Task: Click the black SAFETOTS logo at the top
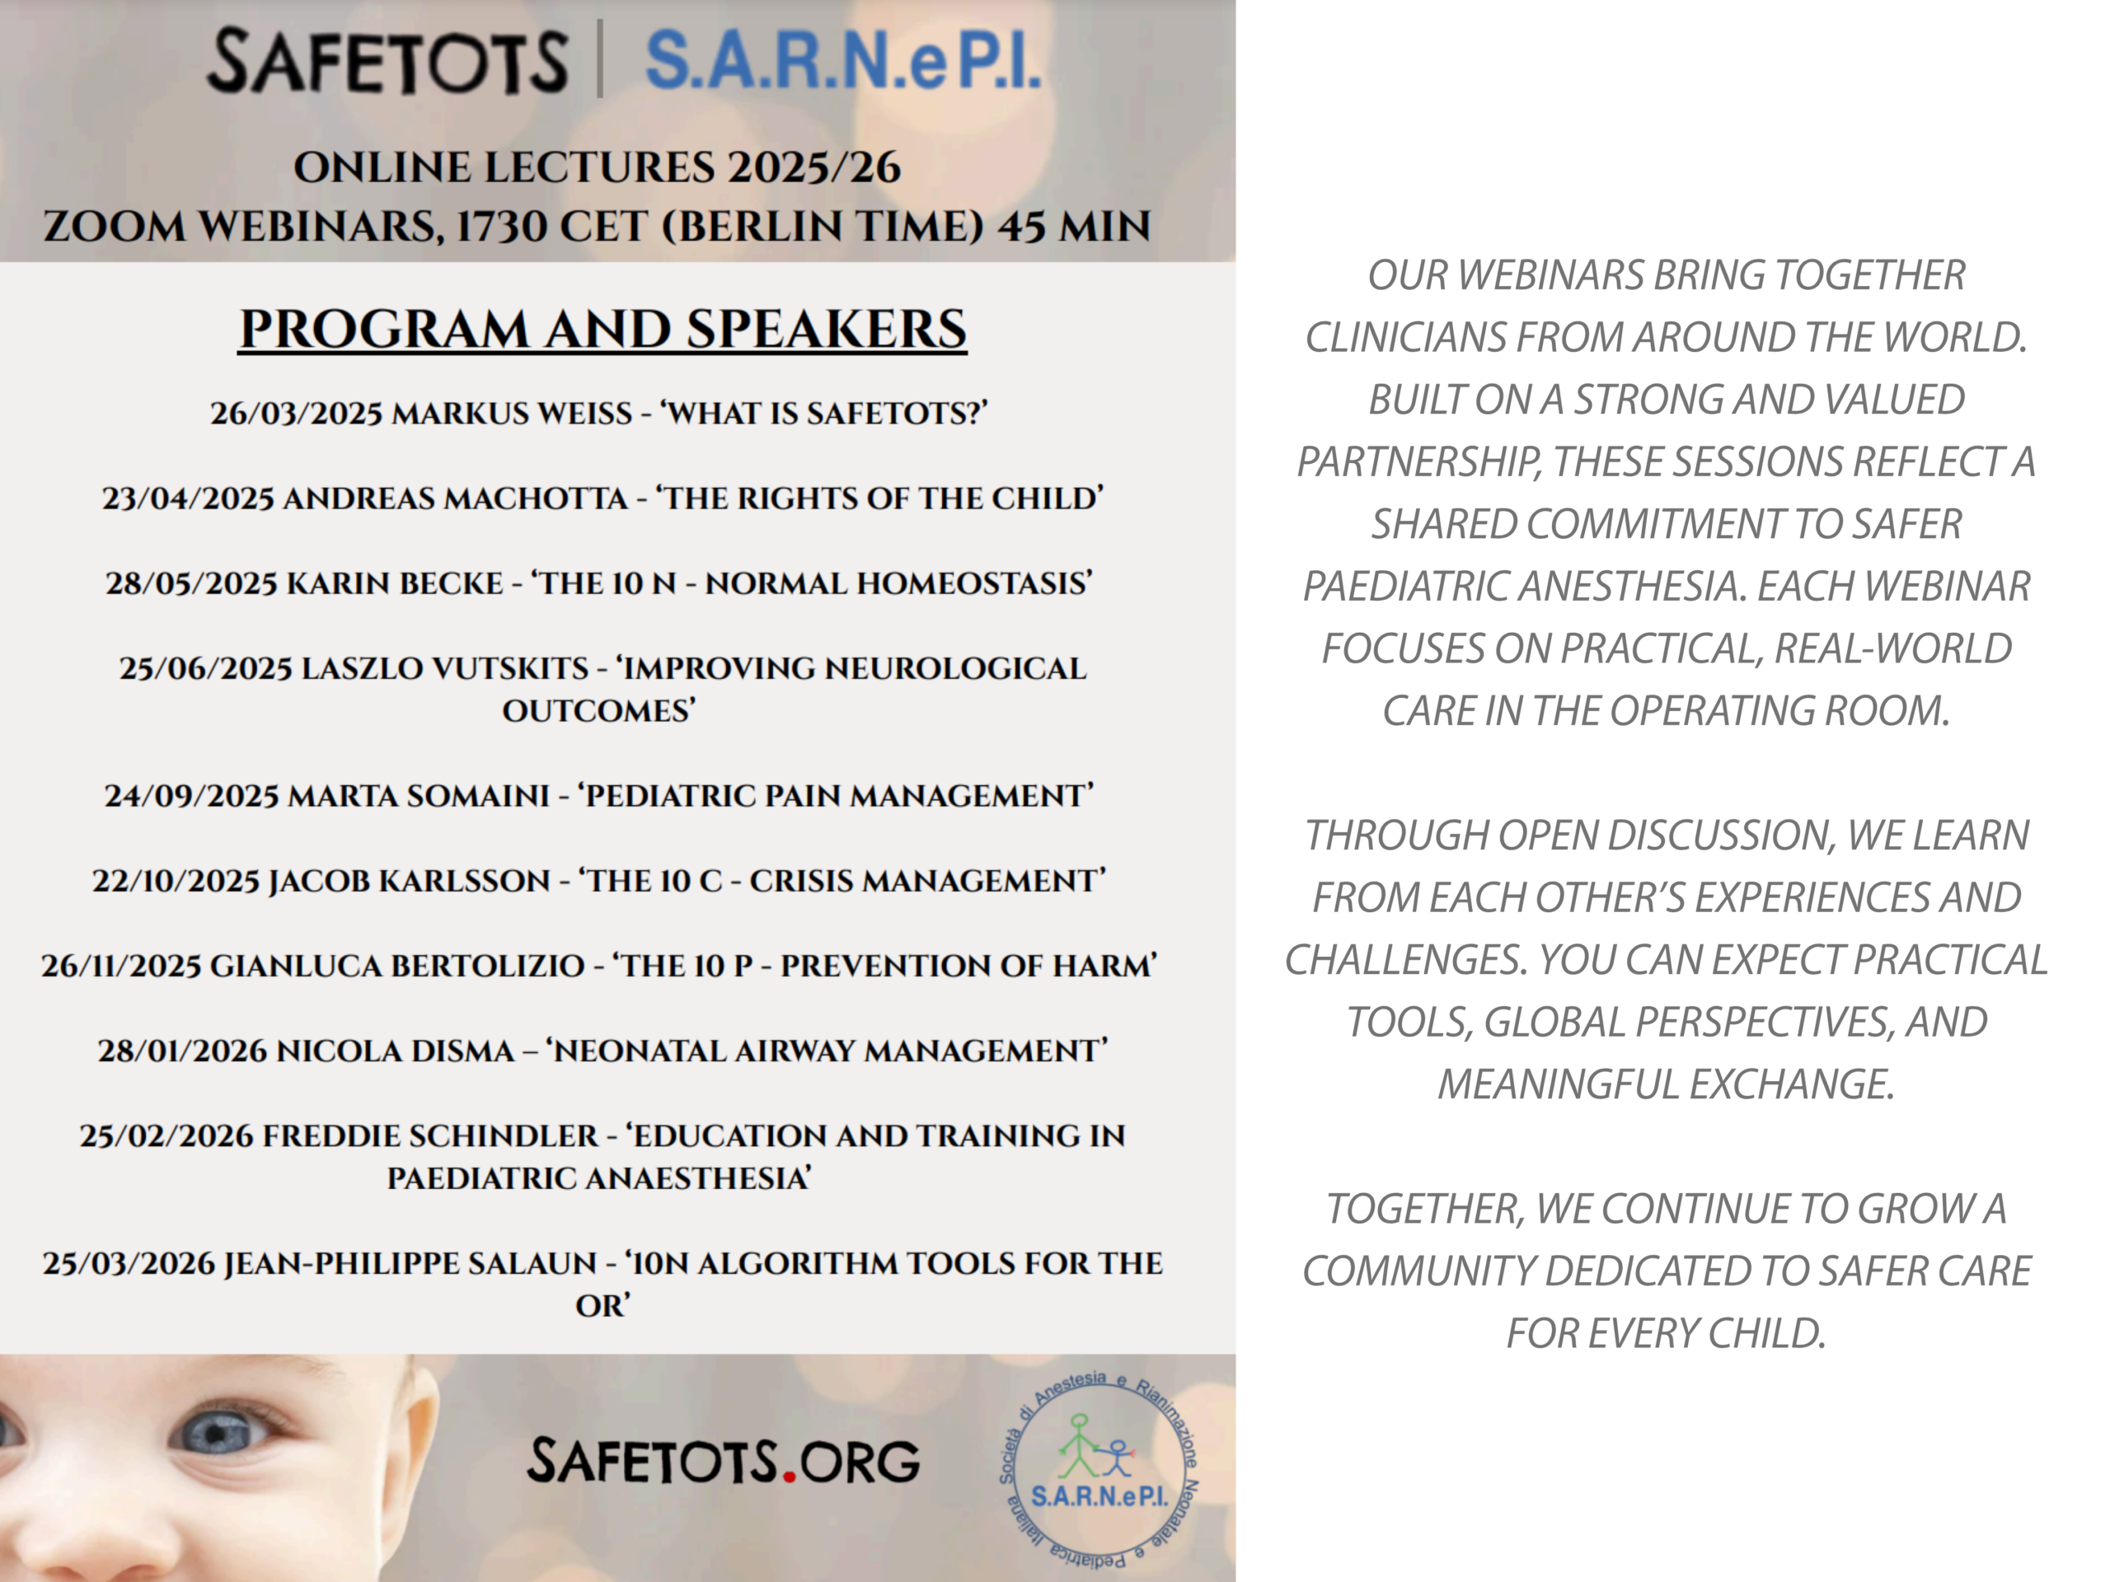[387, 62]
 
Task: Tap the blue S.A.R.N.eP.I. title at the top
[843, 60]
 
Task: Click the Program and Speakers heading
[603, 329]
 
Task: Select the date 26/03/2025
[297, 413]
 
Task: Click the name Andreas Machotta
[455, 498]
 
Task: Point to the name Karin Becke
[395, 583]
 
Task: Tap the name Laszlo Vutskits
[444, 667]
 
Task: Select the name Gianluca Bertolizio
[396, 965]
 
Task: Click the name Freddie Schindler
[430, 1135]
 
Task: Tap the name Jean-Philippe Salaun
[410, 1262]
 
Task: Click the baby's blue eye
[220, 1431]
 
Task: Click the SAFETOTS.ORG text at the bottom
[724, 1461]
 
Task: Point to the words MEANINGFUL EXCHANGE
[1666, 1084]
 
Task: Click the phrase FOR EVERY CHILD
[1666, 1333]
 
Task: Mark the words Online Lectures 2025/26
[597, 168]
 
